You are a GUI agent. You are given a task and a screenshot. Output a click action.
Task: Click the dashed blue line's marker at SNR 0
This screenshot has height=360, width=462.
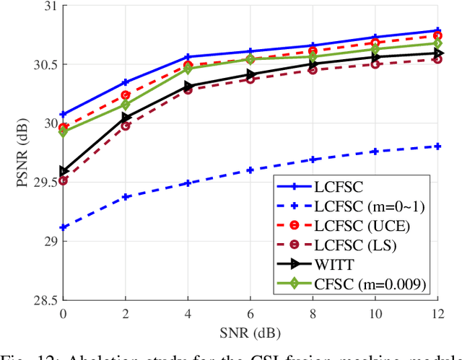tap(64, 227)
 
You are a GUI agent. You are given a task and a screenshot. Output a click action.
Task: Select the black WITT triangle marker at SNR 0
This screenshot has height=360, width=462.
tap(64, 172)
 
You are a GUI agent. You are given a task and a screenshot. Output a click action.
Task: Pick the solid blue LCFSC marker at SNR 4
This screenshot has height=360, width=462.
tap(188, 57)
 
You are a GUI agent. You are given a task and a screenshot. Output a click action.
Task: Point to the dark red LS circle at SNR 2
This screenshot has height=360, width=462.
tap(126, 126)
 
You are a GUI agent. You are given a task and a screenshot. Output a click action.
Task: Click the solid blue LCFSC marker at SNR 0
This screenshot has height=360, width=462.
tap(64, 114)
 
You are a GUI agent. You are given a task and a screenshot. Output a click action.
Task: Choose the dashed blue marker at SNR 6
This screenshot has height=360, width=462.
tap(250, 170)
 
